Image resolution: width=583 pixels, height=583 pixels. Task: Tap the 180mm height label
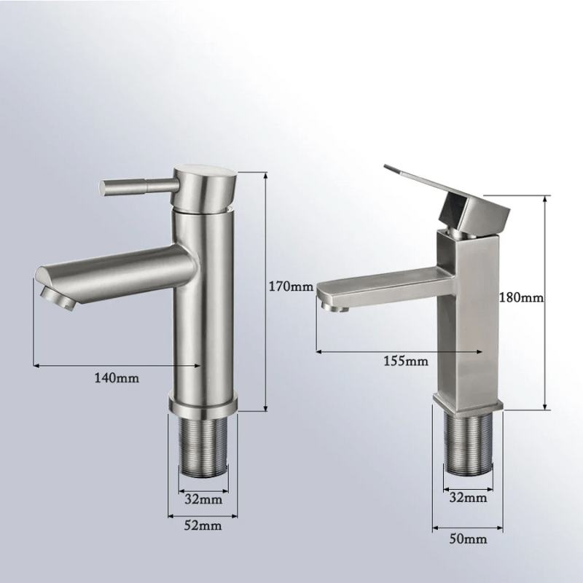coord(521,297)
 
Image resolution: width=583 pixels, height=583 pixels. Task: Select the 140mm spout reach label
coord(117,378)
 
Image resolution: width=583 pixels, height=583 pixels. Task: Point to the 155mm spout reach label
coord(406,361)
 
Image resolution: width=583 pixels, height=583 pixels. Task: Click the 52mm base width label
coord(203,525)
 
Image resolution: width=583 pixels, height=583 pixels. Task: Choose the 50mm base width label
coord(468,539)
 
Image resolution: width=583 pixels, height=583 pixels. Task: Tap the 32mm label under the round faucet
coord(203,499)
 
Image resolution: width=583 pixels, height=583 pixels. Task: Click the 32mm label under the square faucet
coord(468,497)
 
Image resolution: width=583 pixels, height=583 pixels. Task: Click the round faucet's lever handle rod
coord(138,186)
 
